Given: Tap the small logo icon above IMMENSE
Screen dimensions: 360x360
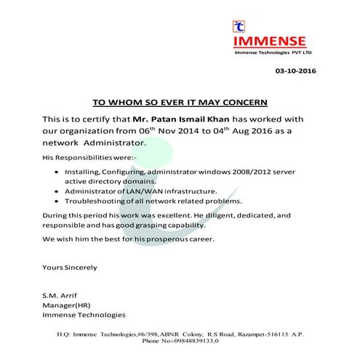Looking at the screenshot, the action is click(239, 26).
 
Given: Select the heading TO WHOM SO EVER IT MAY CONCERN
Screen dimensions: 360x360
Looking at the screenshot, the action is click(180, 100).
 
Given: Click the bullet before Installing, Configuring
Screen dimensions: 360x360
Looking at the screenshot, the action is click(57, 172).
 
